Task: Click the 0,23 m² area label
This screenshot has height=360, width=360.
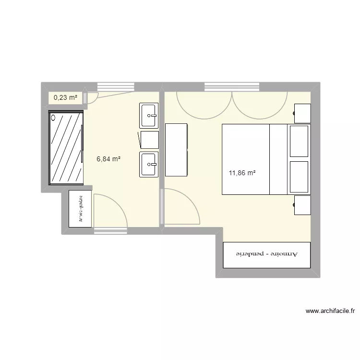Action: click(65, 97)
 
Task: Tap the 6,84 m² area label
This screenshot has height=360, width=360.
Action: click(108, 159)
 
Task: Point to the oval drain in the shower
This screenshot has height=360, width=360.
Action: click(54, 117)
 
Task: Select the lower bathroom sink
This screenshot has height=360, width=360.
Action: click(149, 164)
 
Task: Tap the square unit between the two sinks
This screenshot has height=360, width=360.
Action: click(149, 140)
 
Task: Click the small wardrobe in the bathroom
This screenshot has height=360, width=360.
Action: click(80, 209)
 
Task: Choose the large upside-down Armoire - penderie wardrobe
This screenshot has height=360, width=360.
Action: click(267, 254)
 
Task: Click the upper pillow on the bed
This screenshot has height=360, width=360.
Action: click(299, 141)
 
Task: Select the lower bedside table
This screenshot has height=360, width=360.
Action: click(302, 204)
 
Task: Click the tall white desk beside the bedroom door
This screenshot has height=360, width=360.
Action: click(176, 150)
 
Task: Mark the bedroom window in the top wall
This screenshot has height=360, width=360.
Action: click(232, 87)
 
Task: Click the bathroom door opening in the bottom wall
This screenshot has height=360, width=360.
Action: click(111, 231)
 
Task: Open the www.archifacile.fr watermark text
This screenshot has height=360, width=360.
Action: click(330, 311)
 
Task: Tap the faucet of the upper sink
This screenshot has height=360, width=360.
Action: click(153, 116)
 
